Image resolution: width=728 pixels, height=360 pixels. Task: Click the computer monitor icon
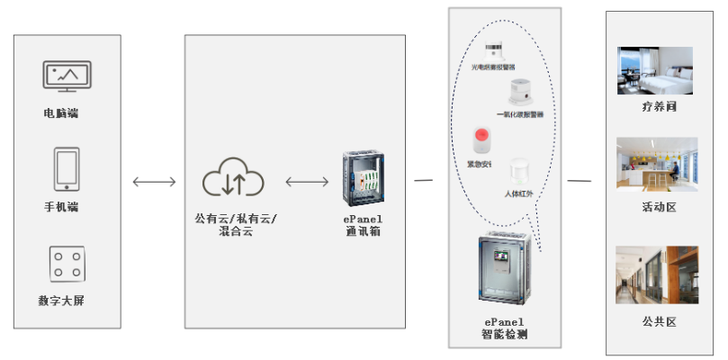click(67, 77)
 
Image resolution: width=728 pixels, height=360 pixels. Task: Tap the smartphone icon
click(67, 169)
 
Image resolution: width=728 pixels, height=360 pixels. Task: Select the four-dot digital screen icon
click(67, 265)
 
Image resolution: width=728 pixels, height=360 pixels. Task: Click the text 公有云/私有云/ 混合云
click(236, 225)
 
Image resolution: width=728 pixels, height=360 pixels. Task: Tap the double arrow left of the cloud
click(155, 183)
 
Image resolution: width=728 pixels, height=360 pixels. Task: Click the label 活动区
click(659, 208)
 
